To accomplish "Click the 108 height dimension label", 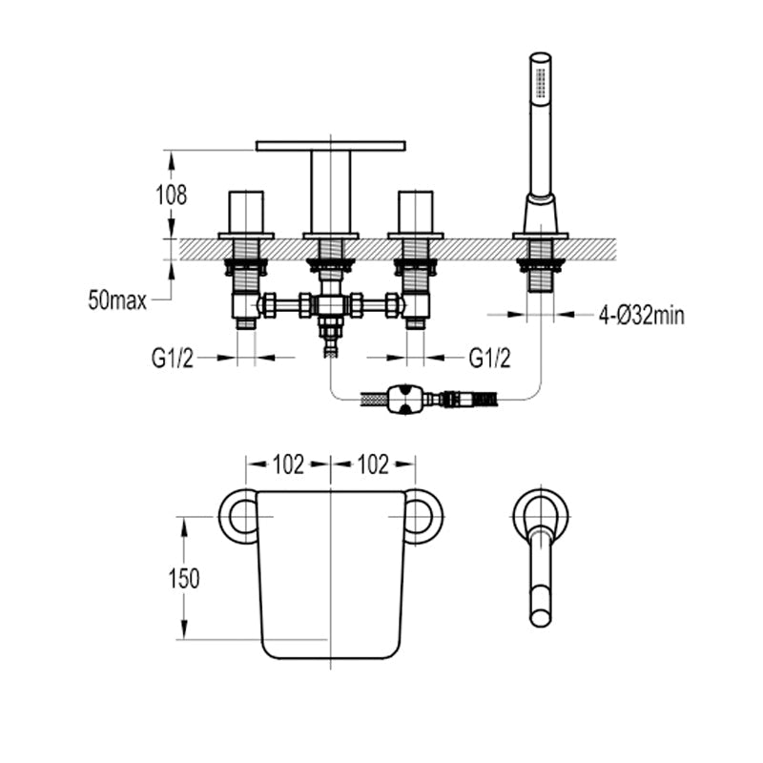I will (x=173, y=195).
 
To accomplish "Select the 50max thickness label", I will (x=116, y=302).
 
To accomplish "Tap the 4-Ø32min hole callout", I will (x=641, y=315).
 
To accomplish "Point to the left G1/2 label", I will (x=173, y=359).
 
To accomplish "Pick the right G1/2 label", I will (x=489, y=359).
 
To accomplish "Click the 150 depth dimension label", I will (x=182, y=578).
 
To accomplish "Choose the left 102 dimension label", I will (x=288, y=464).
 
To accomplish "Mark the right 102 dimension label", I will (x=373, y=464).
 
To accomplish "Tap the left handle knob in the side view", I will (x=246, y=212).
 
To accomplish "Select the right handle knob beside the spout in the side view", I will (x=416, y=212).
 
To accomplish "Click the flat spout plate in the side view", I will (x=330, y=146).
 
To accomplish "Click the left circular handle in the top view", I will (x=238, y=517).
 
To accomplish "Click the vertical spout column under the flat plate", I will (x=330, y=191).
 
